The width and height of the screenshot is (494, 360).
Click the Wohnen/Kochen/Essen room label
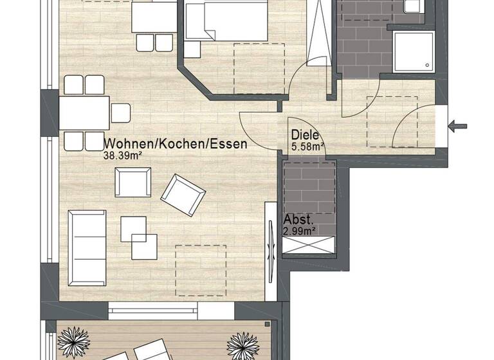tap(175, 144)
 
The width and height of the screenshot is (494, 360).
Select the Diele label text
tap(305, 136)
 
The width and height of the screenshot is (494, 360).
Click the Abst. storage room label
tap(297, 219)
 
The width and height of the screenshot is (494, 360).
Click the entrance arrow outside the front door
tap(458, 126)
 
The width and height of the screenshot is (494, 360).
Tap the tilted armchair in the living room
tap(183, 195)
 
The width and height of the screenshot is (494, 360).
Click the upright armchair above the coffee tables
tap(133, 182)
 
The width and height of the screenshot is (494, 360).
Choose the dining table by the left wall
tap(84, 113)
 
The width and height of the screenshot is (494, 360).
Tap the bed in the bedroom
tap(226, 21)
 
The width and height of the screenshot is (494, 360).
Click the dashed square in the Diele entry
tap(392, 122)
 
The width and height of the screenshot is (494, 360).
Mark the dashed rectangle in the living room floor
tap(201, 271)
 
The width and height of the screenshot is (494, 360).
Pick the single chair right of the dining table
tap(121, 113)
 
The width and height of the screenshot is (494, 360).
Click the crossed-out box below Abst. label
tap(309, 245)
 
